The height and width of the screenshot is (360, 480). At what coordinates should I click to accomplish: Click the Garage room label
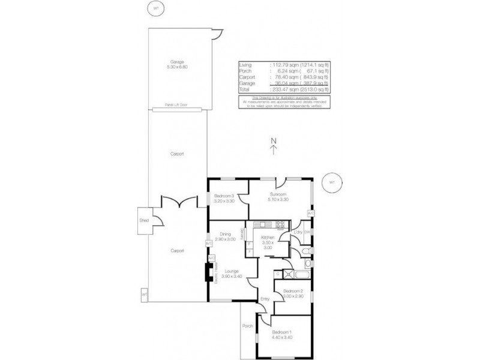pyautogui.click(x=176, y=61)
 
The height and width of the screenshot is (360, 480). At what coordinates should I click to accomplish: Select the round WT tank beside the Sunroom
pyautogui.click(x=331, y=182)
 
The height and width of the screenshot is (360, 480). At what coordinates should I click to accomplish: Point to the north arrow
pyautogui.click(x=274, y=147)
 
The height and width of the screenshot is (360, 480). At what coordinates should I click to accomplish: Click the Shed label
pyautogui.click(x=144, y=220)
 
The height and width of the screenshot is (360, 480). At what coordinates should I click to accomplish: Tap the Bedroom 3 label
pyautogui.click(x=223, y=196)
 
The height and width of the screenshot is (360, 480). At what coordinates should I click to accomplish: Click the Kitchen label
pyautogui.click(x=268, y=238)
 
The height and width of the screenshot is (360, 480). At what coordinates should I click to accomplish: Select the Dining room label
pyautogui.click(x=225, y=234)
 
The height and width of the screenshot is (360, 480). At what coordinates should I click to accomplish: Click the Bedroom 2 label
pyautogui.click(x=294, y=290)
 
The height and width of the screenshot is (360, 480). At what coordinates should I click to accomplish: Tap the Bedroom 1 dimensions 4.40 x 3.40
pyautogui.click(x=283, y=337)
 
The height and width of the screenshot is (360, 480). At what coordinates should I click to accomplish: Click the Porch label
pyautogui.click(x=247, y=327)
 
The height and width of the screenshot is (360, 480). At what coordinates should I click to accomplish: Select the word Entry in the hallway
pyautogui.click(x=265, y=298)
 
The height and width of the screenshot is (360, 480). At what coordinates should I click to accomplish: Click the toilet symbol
pyautogui.click(x=306, y=250)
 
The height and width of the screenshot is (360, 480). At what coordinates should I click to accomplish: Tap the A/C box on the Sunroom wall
pyautogui.click(x=310, y=214)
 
